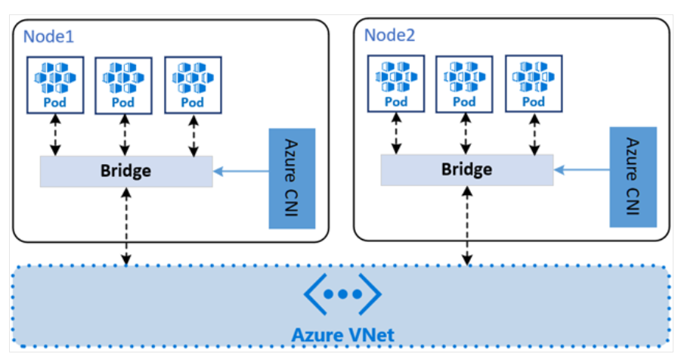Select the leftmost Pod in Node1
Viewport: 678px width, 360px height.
55,83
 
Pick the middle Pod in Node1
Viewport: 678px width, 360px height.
123,84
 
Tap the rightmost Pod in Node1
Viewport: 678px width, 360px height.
193,83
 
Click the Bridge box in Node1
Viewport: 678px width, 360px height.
125,171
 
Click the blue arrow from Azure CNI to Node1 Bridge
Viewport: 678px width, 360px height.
241,172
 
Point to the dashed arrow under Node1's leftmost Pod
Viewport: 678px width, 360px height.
55,135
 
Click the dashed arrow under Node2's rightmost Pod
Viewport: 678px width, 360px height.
534,135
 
